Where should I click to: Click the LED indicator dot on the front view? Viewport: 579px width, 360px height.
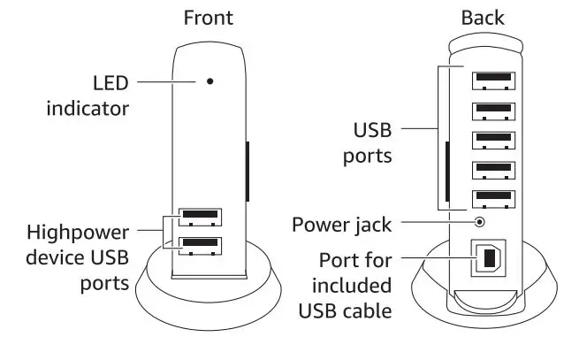[x=210, y=81]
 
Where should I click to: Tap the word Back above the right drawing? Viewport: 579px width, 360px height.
[x=482, y=18]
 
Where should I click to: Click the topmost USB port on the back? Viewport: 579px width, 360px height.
[x=495, y=80]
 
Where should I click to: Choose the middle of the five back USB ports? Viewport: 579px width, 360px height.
[x=495, y=140]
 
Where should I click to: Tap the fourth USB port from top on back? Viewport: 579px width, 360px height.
[x=495, y=169]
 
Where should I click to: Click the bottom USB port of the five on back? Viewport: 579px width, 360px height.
[x=495, y=198]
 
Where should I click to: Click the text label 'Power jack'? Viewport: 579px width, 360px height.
[x=341, y=224]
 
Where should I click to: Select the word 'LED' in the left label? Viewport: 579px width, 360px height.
[x=110, y=83]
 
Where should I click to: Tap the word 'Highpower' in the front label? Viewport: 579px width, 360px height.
[x=78, y=234]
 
